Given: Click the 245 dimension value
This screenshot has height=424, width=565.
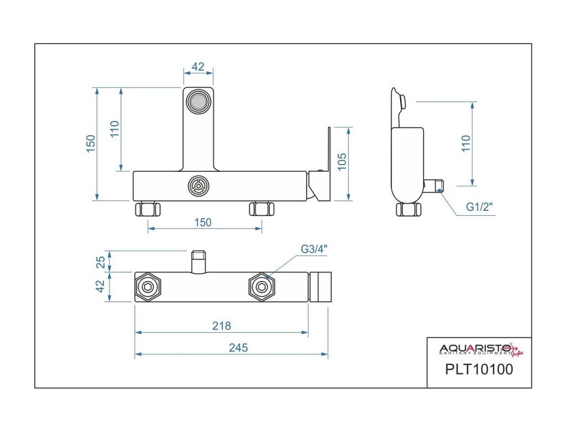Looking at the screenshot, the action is coord(239,348).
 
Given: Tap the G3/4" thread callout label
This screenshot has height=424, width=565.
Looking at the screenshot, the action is coord(314,249).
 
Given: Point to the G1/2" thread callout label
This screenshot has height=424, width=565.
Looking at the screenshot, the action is coord(479,207).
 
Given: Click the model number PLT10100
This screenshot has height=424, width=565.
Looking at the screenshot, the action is coord(479,369).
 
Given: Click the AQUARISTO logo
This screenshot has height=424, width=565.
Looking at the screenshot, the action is coord(478,349).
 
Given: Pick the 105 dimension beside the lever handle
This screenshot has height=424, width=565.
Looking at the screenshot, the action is coord(342,164).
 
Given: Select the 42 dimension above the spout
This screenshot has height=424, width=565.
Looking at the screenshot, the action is coord(198,67).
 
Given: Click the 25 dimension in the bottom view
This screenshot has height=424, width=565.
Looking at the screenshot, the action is coord(100,262).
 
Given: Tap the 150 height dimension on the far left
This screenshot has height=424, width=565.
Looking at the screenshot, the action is coord(91,144).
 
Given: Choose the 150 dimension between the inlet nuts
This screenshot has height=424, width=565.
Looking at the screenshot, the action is coord(203,222).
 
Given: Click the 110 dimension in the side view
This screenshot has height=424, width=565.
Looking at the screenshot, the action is coord(466,144).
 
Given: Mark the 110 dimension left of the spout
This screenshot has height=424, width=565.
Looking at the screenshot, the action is coord(114,130).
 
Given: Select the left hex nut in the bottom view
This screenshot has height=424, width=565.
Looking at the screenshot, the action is coord(148,287).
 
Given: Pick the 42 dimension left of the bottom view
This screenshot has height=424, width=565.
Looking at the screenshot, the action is coord(100,287).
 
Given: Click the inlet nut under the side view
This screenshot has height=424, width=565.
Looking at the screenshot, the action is coord(409,210).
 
